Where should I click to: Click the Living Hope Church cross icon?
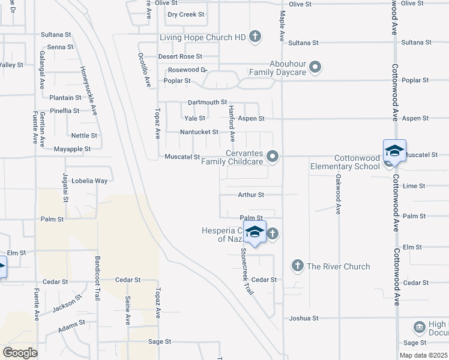point(255,37)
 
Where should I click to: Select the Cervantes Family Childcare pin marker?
point(273,157)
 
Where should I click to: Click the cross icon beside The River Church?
point(297,266)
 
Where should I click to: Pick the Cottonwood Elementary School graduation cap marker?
point(394,151)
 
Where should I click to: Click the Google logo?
point(20,353)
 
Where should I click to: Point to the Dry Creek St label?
point(186,14)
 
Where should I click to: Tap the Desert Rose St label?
point(180,56)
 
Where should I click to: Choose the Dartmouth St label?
point(207,103)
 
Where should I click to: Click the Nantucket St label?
point(199,132)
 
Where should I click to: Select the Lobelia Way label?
point(89,181)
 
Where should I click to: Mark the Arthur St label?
point(251,195)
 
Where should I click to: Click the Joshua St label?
point(303,317)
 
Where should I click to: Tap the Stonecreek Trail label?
point(247,271)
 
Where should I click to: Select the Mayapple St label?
point(72,149)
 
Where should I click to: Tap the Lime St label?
point(414,187)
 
